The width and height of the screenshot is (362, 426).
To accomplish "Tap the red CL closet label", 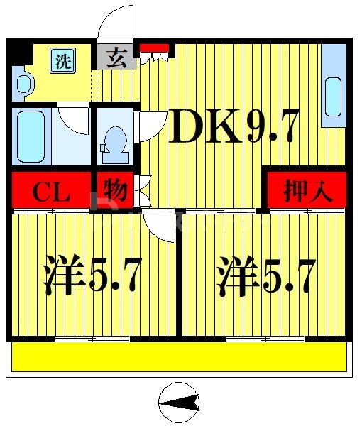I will (52, 192).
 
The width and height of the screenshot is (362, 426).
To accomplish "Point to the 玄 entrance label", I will (116, 58).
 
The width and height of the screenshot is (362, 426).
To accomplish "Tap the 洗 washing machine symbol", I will (63, 60).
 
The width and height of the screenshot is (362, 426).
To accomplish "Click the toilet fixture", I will (114, 138).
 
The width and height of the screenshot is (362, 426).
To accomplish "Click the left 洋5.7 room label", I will (92, 277).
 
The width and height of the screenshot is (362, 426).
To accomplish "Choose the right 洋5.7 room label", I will (265, 277).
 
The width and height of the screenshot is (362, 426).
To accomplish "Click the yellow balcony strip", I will (180, 356).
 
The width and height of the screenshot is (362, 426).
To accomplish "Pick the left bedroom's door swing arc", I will (159, 227).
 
